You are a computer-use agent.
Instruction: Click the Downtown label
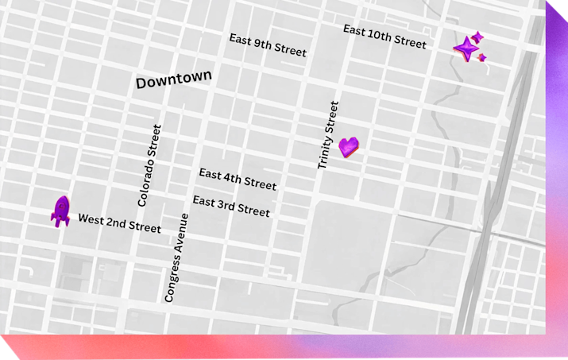pos(174,79)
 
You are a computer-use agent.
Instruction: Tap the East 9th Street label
pos(267,45)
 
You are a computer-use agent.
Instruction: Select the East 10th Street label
pos(384,37)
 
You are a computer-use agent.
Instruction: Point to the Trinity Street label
pos(328,135)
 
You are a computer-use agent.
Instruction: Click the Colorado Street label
pos(149,165)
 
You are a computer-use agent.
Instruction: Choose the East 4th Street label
pos(238,179)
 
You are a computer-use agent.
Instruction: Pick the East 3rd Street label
pos(231,206)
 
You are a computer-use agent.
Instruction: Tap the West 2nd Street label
pos(119,223)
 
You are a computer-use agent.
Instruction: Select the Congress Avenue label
pos(176,257)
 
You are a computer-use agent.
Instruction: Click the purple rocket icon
pos(60,211)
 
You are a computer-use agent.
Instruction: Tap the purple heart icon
pos(349,146)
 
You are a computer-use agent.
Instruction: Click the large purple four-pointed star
pos(466,49)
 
